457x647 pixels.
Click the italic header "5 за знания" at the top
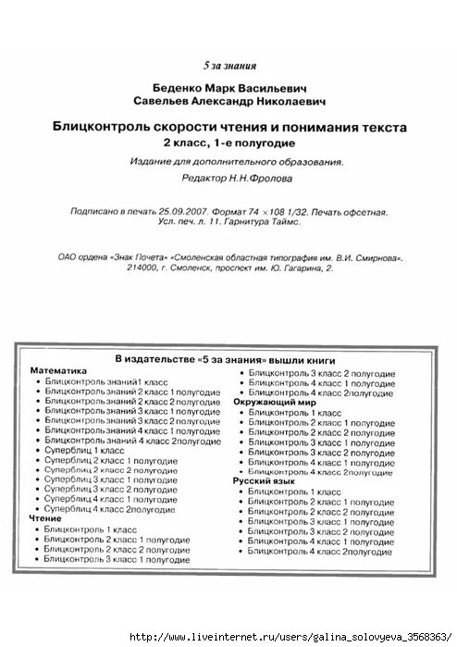point(228,66)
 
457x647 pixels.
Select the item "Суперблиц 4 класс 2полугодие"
point(110,509)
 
